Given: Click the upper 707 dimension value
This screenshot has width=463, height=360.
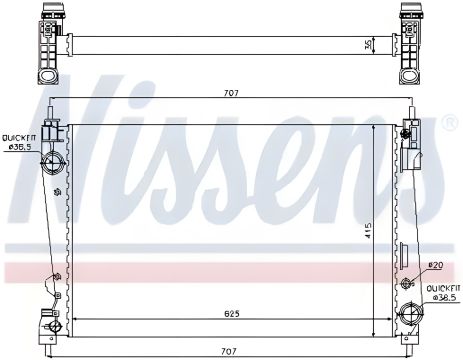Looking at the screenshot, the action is pyautogui.click(x=231, y=93).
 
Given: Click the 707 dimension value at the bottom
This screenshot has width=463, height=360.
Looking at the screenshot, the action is pyautogui.click(x=229, y=351).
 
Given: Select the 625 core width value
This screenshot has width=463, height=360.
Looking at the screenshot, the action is pyautogui.click(x=232, y=314).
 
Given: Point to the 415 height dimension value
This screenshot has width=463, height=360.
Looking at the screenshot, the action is pyautogui.click(x=368, y=230).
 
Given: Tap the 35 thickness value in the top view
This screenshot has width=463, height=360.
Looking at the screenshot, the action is pyautogui.click(x=368, y=45).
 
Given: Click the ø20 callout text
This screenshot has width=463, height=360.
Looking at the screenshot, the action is pyautogui.click(x=435, y=265).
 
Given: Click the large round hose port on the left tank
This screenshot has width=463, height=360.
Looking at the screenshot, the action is pyautogui.click(x=53, y=161).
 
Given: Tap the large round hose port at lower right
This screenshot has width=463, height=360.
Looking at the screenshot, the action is pyautogui.click(x=411, y=314).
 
